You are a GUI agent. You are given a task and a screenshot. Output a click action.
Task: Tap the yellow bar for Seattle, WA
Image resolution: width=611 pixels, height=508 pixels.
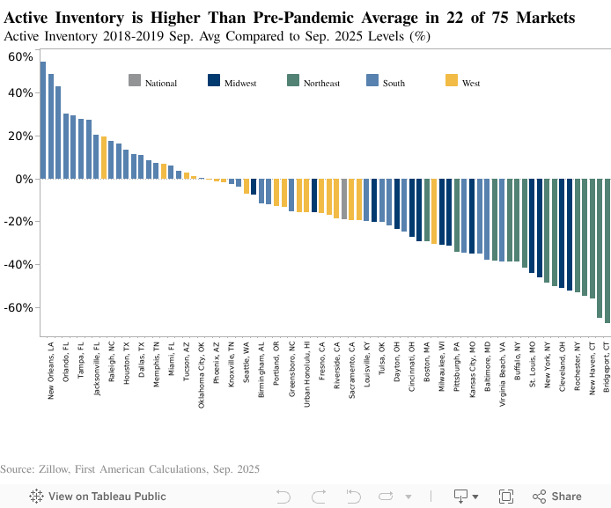(247, 186)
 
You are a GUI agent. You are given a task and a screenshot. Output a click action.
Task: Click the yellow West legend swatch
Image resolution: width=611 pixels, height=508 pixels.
(451, 81)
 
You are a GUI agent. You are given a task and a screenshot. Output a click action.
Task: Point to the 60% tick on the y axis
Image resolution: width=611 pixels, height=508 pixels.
(19, 56)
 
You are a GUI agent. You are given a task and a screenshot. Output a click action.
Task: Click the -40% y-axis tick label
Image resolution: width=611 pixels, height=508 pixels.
(18, 265)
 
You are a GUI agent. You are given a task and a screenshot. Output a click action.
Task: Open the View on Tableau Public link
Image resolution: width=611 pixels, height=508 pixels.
(98, 497)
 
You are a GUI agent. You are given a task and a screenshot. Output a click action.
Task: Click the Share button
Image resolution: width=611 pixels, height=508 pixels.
(556, 497)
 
